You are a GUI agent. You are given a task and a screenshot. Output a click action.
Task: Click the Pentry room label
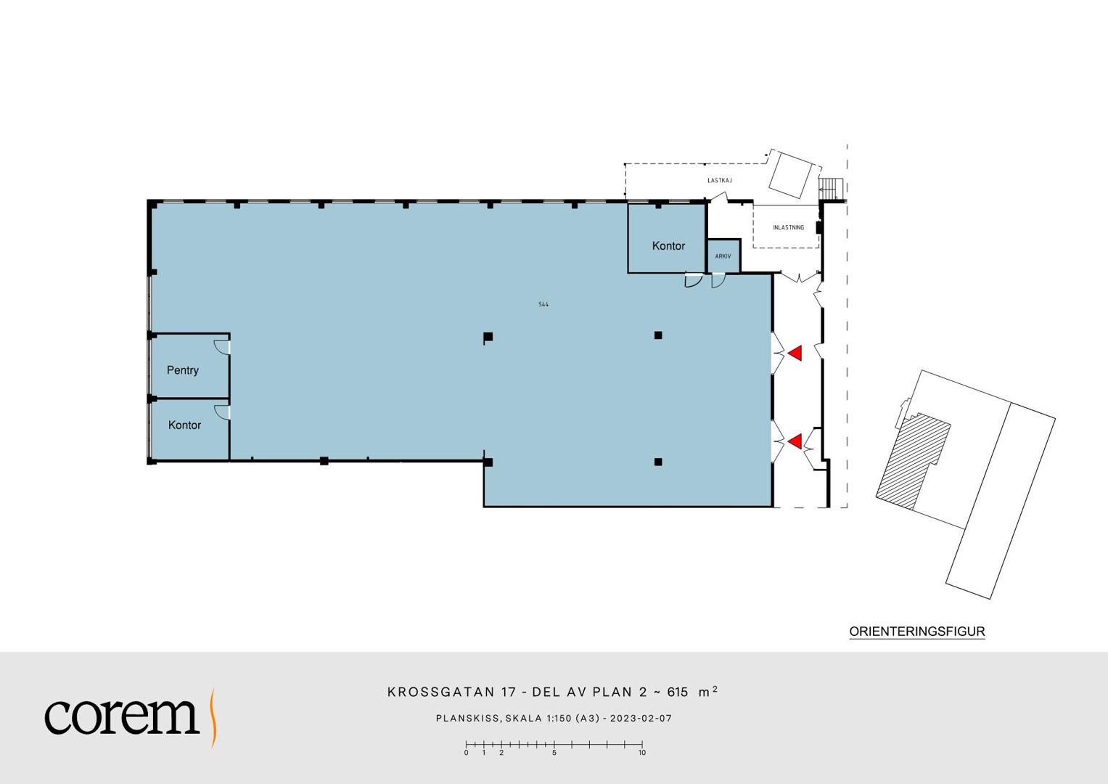click(x=183, y=370)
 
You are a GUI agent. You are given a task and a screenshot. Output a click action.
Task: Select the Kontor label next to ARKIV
click(x=668, y=245)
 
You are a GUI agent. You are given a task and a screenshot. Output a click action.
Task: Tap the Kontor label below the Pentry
click(x=184, y=425)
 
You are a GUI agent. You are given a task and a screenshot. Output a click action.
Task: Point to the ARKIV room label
click(x=723, y=256)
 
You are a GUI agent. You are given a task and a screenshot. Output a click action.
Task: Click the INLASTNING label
click(x=789, y=228)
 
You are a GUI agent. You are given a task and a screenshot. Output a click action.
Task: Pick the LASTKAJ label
click(x=719, y=181)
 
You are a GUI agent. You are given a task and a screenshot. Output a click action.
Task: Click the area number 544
click(x=543, y=304)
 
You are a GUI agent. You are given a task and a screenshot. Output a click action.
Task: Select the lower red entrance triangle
click(x=795, y=441)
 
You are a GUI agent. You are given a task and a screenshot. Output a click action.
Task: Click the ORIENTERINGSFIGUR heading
click(x=917, y=632)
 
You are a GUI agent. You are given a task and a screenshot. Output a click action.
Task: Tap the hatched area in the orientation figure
click(x=913, y=460)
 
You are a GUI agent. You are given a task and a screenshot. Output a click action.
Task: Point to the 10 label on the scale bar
click(x=642, y=753)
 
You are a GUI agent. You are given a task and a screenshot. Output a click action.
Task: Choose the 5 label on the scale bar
click(x=554, y=753)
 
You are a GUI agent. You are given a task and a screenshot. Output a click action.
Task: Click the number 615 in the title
click(x=677, y=692)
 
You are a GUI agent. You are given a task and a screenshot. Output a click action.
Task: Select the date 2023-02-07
click(x=641, y=718)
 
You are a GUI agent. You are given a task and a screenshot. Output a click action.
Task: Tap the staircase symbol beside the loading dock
click(x=831, y=189)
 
